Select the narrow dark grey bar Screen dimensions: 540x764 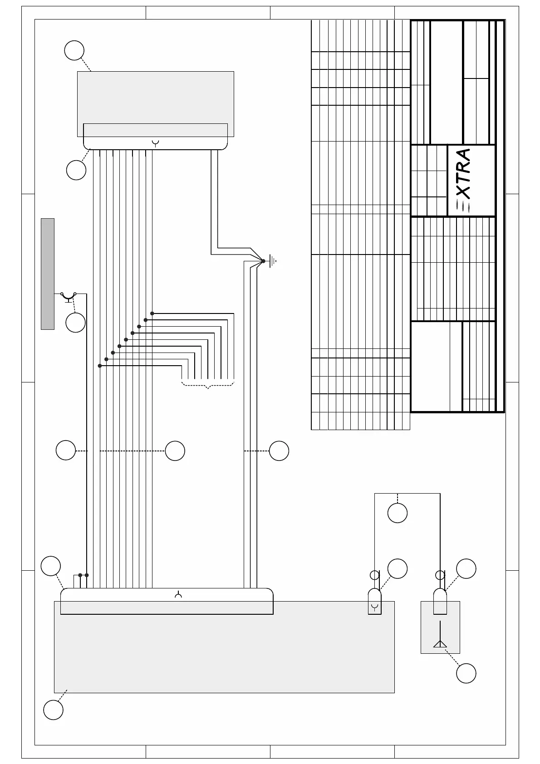tap(48, 274)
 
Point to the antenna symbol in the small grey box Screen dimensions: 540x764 tap(440, 643)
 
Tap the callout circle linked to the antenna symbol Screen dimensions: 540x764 tap(466, 673)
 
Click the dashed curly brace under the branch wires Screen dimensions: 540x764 tap(208, 385)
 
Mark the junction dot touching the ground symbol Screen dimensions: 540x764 tap(263, 261)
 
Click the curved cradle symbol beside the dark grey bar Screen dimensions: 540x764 tap(69, 297)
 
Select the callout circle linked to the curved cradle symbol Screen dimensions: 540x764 tap(75, 323)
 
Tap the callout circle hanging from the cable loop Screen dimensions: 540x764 tap(398, 513)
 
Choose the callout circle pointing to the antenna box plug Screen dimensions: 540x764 tap(466, 568)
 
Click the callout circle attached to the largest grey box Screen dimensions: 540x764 tap(53, 710)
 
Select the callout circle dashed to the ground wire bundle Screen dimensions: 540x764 tap(279, 451)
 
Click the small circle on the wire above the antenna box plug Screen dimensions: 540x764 tap(439, 575)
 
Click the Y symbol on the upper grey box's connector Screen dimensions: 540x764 tap(156, 144)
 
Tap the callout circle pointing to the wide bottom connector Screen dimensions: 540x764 tap(51, 566)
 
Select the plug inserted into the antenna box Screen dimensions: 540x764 tap(440, 601)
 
